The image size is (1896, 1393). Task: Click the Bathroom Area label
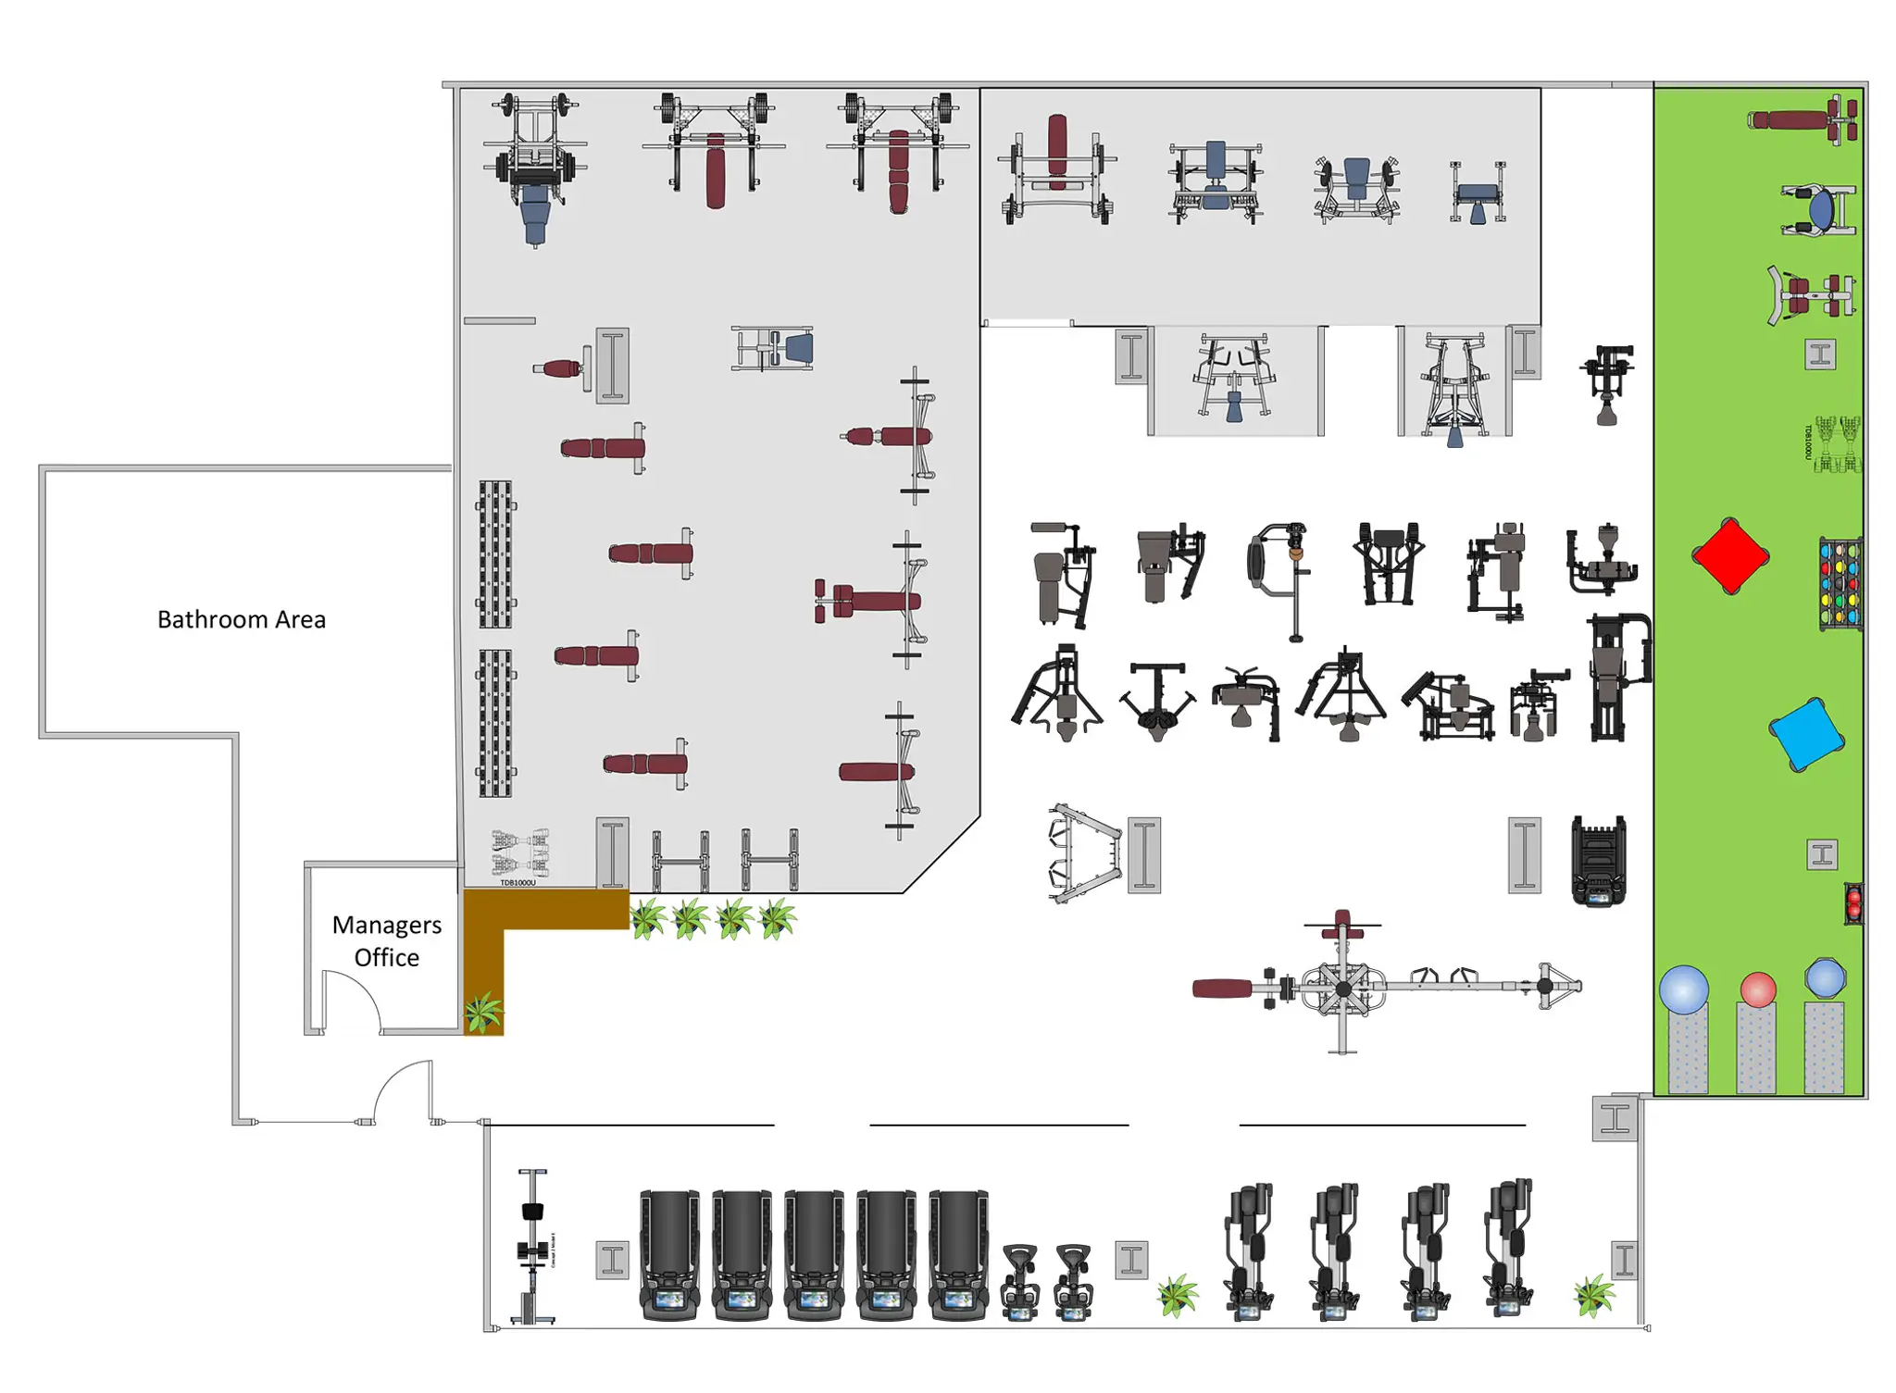241,618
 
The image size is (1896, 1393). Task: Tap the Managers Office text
386,939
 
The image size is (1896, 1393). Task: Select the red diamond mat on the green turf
1729,555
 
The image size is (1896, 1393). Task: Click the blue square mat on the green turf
1804,734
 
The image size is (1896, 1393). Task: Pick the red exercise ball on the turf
1756,989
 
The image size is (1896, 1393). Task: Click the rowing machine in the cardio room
532,1245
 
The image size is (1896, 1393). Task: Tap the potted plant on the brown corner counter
482,1011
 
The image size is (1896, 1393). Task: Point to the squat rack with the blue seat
534,167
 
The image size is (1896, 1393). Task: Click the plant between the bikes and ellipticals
1177,1293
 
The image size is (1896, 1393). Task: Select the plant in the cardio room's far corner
1593,1293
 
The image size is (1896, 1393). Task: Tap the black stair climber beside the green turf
1598,860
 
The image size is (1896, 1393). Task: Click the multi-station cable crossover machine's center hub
1342,988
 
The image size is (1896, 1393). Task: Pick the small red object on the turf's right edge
1853,903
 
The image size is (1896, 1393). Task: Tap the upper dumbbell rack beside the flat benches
495,553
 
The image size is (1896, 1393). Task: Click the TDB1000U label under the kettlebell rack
518,882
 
